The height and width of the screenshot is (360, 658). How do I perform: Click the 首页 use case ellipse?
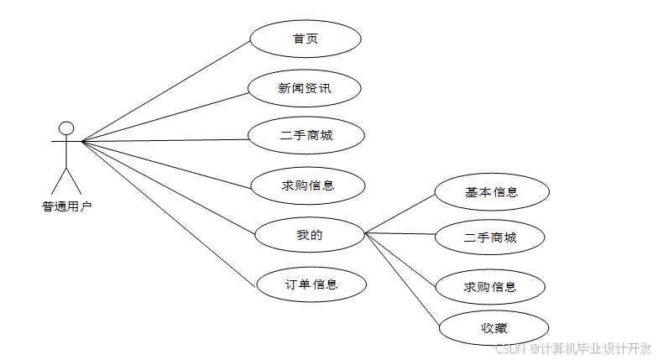[x=305, y=39]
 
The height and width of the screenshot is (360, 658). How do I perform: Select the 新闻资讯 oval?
[x=306, y=87]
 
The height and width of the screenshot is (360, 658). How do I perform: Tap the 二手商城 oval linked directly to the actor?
[x=306, y=135]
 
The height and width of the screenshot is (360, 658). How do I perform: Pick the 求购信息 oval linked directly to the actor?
[x=308, y=185]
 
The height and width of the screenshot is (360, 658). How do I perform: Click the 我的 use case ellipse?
[x=309, y=234]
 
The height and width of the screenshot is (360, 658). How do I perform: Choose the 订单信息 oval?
[x=311, y=284]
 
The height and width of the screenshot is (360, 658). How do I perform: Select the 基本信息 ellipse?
[x=492, y=191]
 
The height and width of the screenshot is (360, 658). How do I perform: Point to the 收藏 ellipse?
[x=493, y=327]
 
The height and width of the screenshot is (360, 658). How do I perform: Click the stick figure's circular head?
[x=66, y=128]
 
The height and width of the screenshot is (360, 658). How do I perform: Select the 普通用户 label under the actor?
[x=66, y=206]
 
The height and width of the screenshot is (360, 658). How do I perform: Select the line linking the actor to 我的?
[x=169, y=186]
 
